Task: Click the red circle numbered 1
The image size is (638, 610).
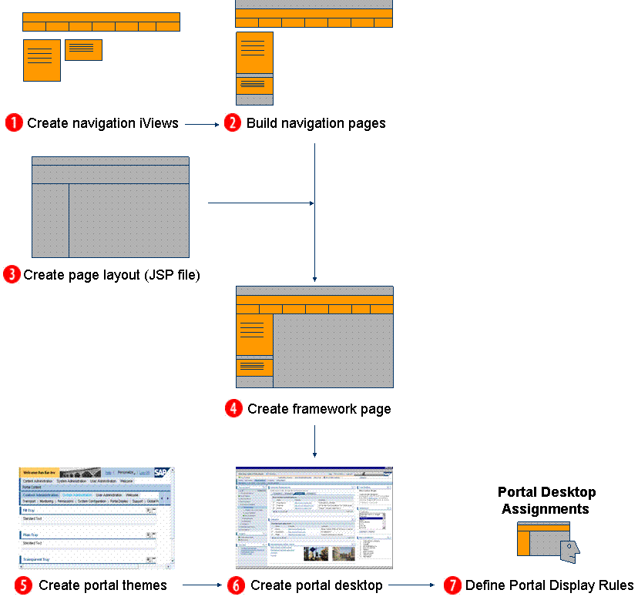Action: coord(14,123)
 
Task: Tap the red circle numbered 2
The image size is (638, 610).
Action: coord(233,123)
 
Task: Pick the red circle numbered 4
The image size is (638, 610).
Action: coord(234,409)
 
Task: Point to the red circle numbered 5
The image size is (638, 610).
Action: coord(23,585)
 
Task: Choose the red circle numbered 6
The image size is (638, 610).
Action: coord(236,585)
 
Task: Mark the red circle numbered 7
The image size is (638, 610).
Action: coord(452,585)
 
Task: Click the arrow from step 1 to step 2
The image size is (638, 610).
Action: coord(203,123)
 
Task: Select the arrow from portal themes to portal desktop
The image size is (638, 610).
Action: coord(201,585)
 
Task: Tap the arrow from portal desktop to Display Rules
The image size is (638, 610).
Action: coord(411,585)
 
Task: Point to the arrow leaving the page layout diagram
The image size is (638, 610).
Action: coord(260,203)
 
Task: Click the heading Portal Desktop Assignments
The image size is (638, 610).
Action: coord(546,501)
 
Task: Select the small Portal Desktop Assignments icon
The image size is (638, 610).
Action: coord(547,540)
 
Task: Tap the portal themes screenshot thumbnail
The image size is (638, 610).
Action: coord(97,518)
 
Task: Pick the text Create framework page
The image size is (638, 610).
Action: coord(319,409)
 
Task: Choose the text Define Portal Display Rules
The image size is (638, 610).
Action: coord(549,585)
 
